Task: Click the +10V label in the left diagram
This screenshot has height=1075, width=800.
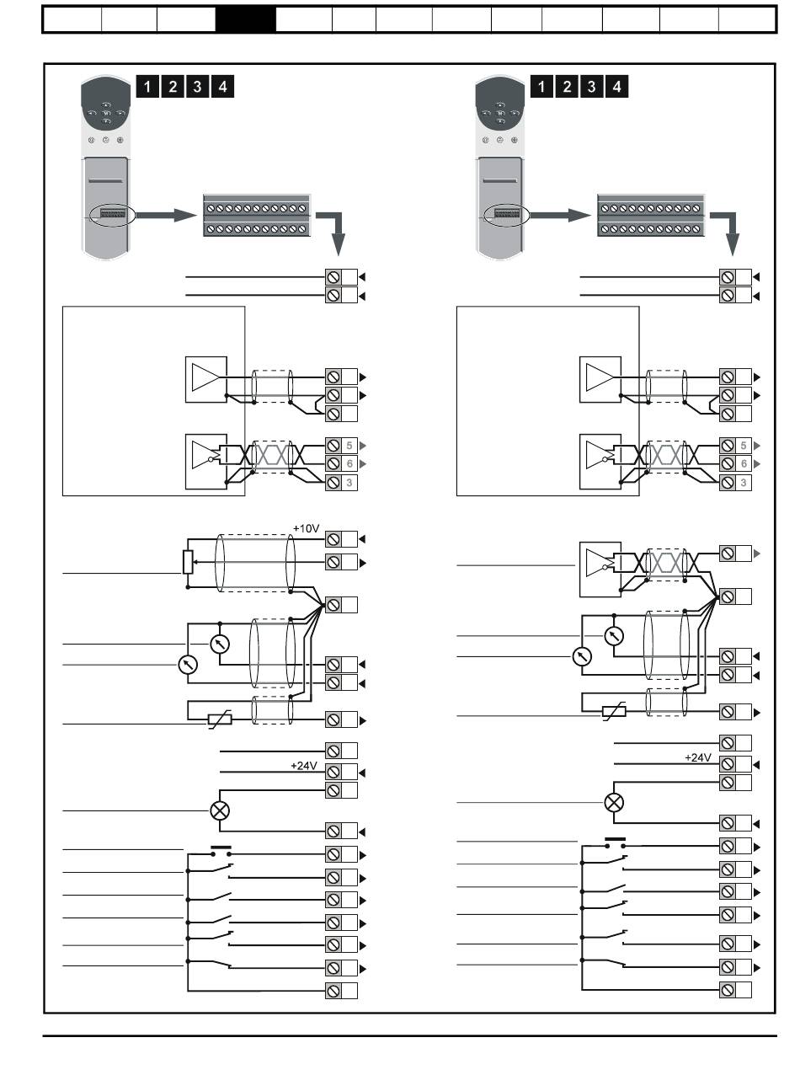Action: coord(306,528)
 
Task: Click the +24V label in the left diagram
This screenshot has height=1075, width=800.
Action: coord(303,765)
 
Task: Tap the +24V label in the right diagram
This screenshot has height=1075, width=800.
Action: coord(698,757)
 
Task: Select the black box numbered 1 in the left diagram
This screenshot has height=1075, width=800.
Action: coord(147,87)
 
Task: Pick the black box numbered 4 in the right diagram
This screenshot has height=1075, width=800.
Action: coord(616,87)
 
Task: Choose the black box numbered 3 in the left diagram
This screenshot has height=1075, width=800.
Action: coord(197,87)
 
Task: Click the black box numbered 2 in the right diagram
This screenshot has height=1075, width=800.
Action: coord(567,87)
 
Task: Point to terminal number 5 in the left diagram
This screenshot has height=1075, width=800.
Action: coord(349,446)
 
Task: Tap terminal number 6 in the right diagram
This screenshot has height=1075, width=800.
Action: coord(744,464)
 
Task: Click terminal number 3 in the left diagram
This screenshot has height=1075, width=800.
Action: coord(349,483)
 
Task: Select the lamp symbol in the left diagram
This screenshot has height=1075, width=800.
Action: coord(220,810)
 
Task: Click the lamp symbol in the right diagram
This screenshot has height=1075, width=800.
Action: coord(614,803)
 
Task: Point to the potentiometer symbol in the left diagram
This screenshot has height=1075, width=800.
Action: coord(188,562)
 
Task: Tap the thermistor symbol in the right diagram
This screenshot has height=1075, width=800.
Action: coord(614,712)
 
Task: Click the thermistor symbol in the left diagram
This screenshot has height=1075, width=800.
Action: coord(220,719)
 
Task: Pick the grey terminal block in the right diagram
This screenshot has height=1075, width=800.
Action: coord(651,216)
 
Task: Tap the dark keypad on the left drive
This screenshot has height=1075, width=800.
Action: coord(105,105)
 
